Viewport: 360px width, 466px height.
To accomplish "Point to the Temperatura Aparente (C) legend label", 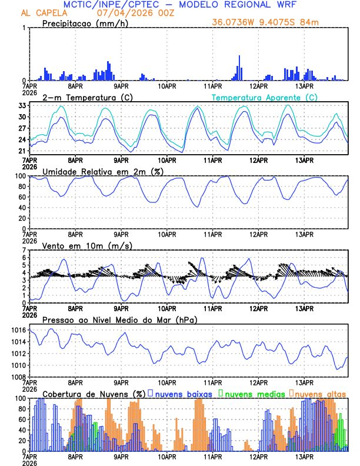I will pyautogui.click(x=265, y=97).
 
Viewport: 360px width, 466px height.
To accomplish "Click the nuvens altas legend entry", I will pyautogui.click(x=321, y=393).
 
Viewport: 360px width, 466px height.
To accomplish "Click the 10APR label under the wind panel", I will pyautogui.click(x=167, y=308).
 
